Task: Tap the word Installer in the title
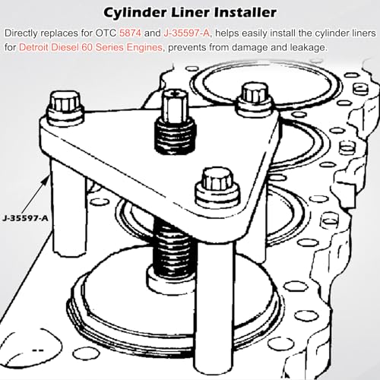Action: pos(245,12)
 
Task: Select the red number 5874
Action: pos(130,33)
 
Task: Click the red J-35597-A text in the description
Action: pos(187,33)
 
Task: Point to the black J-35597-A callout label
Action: pos(25,218)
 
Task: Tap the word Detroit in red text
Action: pos(33,47)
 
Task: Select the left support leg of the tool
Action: pos(68,205)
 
